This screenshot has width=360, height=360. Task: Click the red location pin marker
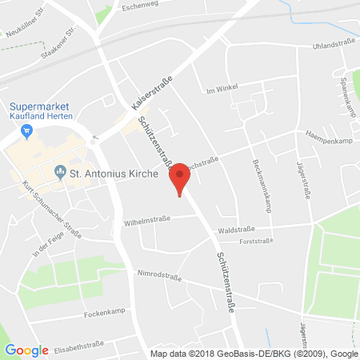point(181,177)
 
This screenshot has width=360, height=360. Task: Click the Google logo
point(26,350)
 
